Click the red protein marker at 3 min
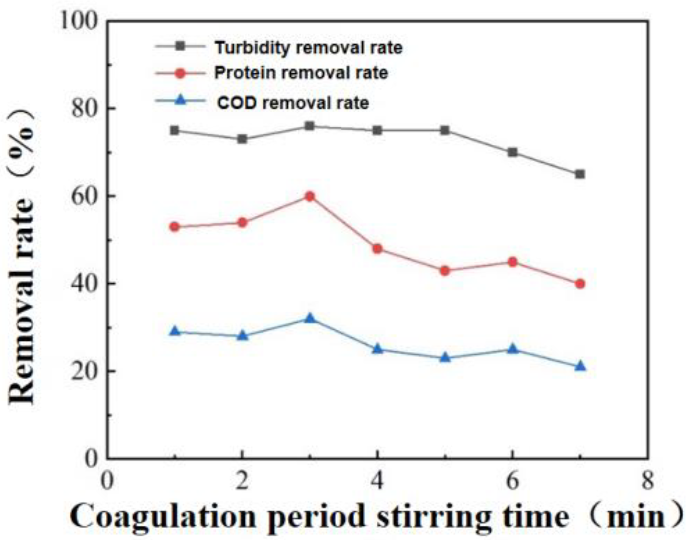310,196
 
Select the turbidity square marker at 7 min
580,174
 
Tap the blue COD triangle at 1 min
175,331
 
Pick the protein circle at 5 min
445,271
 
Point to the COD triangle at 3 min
310,318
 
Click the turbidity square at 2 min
242,139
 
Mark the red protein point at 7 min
580,284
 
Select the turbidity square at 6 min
512,152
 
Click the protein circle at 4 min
377,249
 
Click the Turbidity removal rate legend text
308,48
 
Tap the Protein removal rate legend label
301,73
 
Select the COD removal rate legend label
293,103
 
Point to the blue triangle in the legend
181,100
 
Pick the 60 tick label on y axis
84,196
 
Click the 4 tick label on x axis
377,481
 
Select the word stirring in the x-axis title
434,516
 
